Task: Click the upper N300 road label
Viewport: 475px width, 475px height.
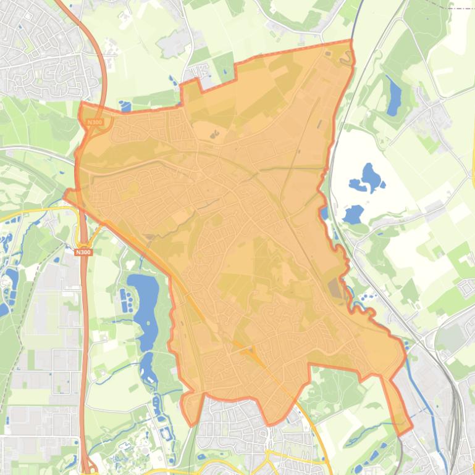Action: tap(95, 122)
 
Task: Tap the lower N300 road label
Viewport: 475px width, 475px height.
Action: tap(83, 252)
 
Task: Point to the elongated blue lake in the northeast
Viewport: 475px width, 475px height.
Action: tap(393, 97)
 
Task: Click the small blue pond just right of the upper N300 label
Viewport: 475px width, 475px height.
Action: tap(126, 107)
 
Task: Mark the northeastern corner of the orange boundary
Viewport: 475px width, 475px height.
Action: tap(350, 41)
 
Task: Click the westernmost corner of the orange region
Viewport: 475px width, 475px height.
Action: tap(65, 196)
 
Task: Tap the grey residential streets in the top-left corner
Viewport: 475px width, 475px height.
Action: tap(43, 49)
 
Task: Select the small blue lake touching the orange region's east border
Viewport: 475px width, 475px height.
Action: tap(324, 213)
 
